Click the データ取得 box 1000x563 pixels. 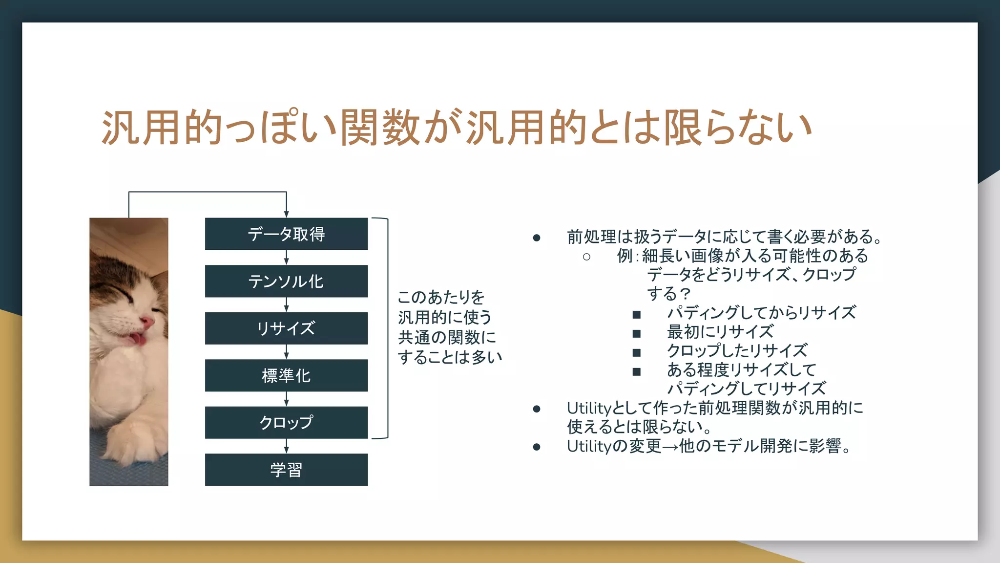[286, 234]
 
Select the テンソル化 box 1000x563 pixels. [286, 281]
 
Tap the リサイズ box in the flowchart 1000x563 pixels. [286, 328]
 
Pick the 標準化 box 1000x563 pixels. [286, 375]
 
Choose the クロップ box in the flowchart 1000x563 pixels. [286, 422]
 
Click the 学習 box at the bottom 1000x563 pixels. [286, 470]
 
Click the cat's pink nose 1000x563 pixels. [146, 321]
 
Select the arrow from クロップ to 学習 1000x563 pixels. [287, 446]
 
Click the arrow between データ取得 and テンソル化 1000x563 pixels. [287, 257]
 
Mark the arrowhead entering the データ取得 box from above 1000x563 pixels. [287, 214]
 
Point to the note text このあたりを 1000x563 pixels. [440, 297]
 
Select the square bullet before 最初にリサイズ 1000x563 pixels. [636, 334]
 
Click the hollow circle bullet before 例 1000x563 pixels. [586, 257]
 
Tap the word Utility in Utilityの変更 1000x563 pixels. [589, 446]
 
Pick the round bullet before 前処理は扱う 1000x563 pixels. [537, 238]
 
